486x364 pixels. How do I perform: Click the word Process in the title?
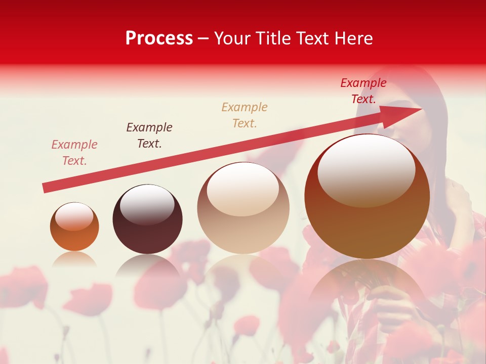point(159,38)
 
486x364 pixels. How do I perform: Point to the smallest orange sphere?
point(74,226)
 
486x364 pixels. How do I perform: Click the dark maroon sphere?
point(147,219)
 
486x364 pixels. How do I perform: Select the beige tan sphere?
point(243,208)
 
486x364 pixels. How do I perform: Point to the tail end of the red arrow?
point(45,188)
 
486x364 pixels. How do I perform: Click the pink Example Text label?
point(74,152)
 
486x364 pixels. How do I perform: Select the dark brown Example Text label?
point(149,135)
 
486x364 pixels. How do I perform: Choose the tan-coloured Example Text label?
point(245,115)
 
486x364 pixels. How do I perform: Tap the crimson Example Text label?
point(363,90)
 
